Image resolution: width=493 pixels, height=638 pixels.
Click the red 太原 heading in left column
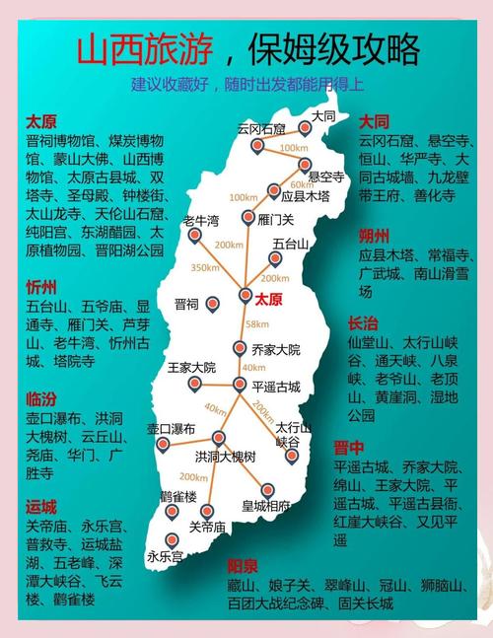pyautogui.click(x=40, y=121)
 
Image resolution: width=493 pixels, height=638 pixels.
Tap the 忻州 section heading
pyautogui.click(x=40, y=287)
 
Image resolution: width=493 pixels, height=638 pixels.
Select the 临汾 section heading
pyautogui.click(x=40, y=398)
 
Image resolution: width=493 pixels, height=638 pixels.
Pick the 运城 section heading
pyautogui.click(x=40, y=507)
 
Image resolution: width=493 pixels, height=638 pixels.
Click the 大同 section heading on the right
pyautogui.click(x=374, y=121)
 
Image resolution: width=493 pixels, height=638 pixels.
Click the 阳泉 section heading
pyautogui.click(x=242, y=566)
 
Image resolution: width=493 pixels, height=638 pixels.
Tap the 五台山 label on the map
pyautogui.click(x=291, y=243)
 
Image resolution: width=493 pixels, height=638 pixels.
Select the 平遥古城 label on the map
pyautogui.click(x=276, y=386)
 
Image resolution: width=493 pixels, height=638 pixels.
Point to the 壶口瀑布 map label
pyautogui.click(x=172, y=428)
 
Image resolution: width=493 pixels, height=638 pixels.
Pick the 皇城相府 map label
pyautogui.click(x=266, y=506)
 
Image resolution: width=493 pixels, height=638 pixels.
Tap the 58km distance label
pyautogui.click(x=257, y=323)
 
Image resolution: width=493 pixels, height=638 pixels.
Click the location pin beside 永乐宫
pyautogui.click(x=173, y=540)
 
